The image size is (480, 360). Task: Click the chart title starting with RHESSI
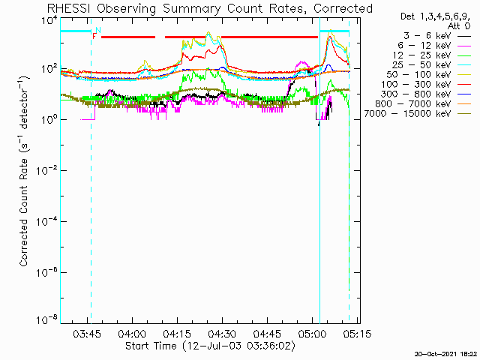pos(209,8)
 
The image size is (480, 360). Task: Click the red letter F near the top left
pos(94,36)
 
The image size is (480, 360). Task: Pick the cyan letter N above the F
pos(97,30)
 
